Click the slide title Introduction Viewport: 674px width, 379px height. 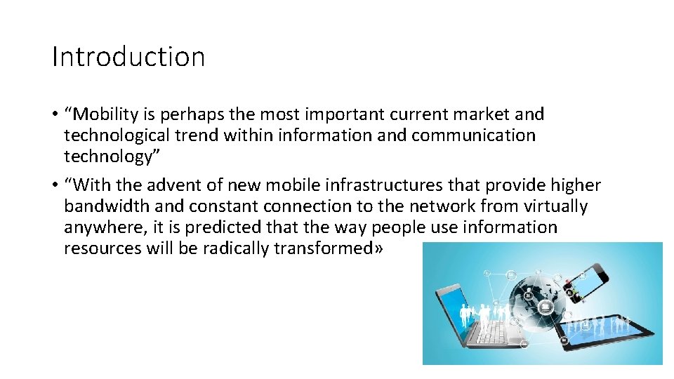128,57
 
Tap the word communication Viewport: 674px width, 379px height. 473,135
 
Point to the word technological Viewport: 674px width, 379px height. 126,135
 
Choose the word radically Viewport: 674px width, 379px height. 236,248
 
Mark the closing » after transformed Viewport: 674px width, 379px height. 380,249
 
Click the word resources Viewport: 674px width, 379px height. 102,248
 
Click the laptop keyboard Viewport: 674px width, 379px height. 491,334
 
